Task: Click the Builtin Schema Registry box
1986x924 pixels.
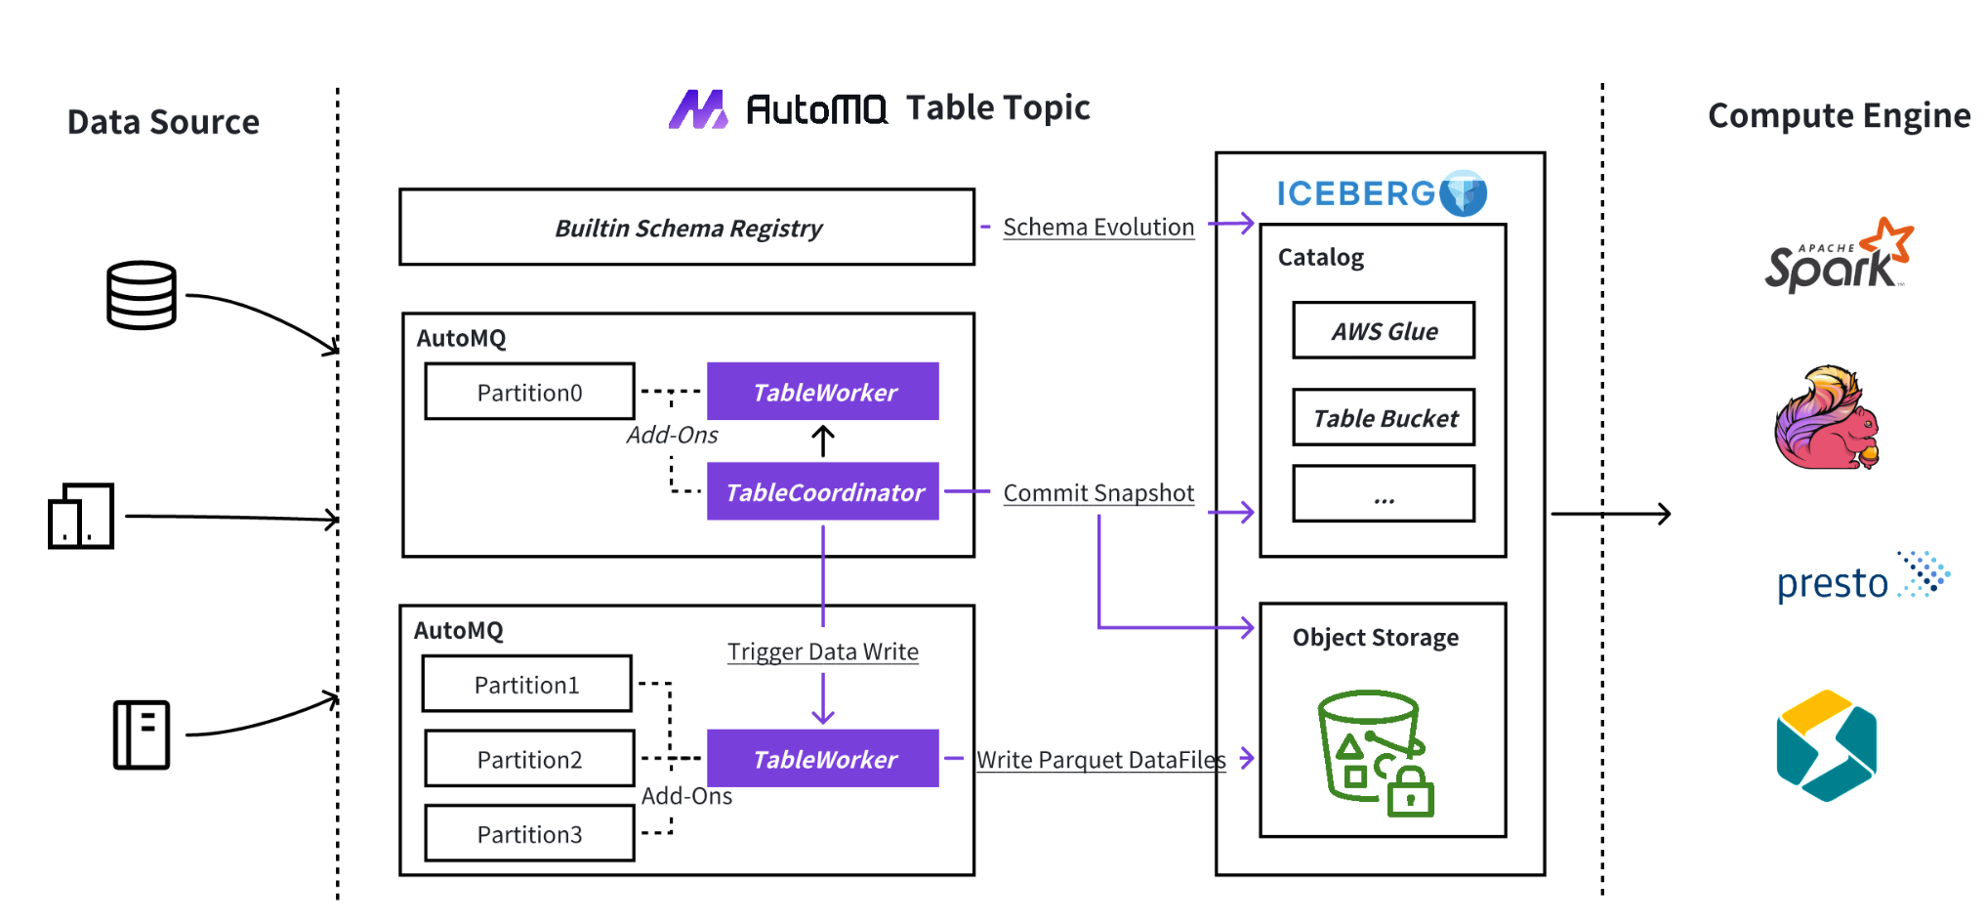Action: [x=686, y=228]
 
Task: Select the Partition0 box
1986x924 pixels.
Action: [x=529, y=392]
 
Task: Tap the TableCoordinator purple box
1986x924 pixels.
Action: [x=822, y=491]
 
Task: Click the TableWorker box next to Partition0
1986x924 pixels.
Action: [x=822, y=392]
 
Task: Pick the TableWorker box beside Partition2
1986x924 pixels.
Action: [x=822, y=758]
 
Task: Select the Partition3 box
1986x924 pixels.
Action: [x=529, y=833]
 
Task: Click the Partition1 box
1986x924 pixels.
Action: [x=527, y=684]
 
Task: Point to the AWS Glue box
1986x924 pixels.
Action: [x=1383, y=331]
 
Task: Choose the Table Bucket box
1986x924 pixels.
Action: [x=1383, y=418]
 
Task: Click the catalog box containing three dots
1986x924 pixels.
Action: [x=1383, y=494]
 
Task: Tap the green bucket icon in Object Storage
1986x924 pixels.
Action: [x=1374, y=752]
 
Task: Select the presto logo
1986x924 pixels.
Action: [x=1859, y=579]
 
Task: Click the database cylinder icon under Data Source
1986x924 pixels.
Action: [x=142, y=295]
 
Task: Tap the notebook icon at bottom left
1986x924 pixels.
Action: [x=142, y=735]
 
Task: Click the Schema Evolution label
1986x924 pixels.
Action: [x=1097, y=227]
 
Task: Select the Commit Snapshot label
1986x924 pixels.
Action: [x=1097, y=492]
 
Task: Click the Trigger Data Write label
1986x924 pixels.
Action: [x=822, y=651]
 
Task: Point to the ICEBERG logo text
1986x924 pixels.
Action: [x=1357, y=193]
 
